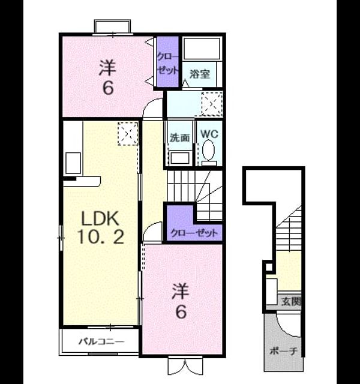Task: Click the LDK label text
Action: [100, 218]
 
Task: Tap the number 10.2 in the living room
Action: [100, 236]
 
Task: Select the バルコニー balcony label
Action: [101, 341]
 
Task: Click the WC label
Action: [209, 134]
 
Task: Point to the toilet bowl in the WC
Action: [208, 150]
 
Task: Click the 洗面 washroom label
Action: [180, 137]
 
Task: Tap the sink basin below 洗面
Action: [180, 158]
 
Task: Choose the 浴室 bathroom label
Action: [200, 74]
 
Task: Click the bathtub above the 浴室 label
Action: [202, 49]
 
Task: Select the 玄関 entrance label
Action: [290, 301]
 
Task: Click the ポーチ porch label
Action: [283, 351]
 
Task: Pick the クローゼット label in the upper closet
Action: [167, 64]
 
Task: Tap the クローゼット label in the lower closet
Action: [194, 233]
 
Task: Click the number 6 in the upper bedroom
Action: [108, 88]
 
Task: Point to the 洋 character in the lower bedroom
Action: [181, 291]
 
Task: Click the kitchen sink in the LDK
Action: [73, 163]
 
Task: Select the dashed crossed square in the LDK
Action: [128, 134]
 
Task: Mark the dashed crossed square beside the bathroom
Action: [212, 104]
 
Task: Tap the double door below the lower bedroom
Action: [185, 366]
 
